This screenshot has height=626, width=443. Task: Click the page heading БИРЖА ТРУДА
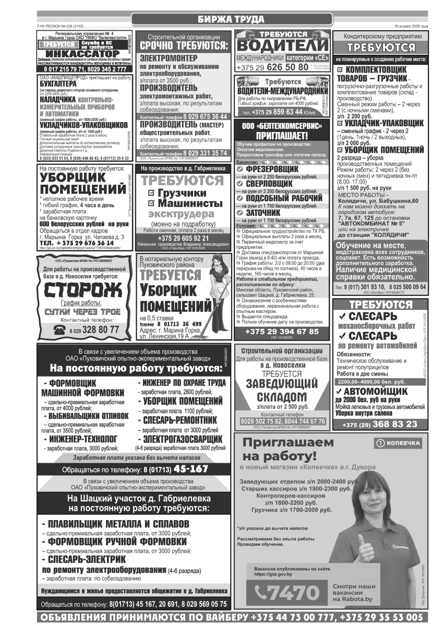point(231,20)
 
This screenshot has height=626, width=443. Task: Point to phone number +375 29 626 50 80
point(272,67)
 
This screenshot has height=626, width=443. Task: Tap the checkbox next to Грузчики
point(152,192)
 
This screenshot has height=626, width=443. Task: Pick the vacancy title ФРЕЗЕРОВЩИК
point(272,169)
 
